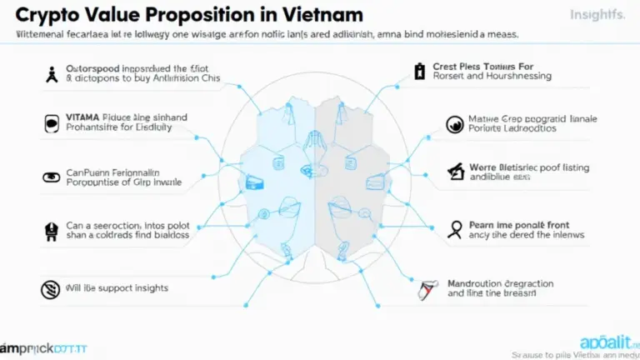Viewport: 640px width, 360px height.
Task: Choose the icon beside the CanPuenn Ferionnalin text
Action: click(x=51, y=176)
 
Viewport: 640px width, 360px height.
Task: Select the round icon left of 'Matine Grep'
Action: click(x=455, y=124)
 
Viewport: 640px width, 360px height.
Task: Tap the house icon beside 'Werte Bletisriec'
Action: click(x=455, y=172)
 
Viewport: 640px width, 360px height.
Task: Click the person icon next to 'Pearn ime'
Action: click(x=455, y=227)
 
